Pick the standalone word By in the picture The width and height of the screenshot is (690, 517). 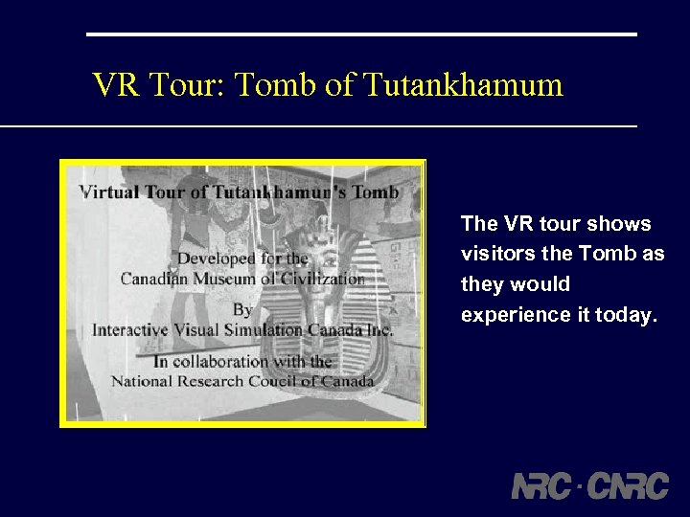click(242, 309)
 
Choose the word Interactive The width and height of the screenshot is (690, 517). click(128, 329)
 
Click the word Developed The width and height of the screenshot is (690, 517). click(215, 258)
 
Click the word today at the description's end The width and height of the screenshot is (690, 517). click(628, 315)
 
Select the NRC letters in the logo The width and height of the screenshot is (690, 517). click(542, 485)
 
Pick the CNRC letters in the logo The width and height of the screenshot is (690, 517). click(628, 485)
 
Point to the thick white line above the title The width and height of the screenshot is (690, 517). click(361, 34)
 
